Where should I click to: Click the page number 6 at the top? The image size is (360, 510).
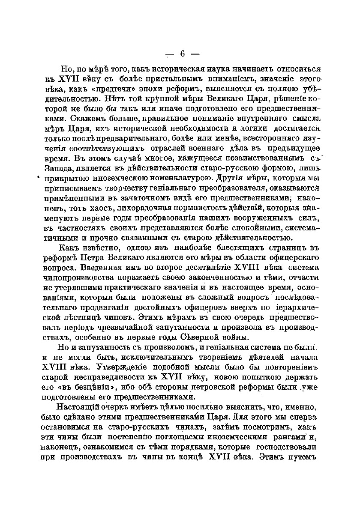181,54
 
